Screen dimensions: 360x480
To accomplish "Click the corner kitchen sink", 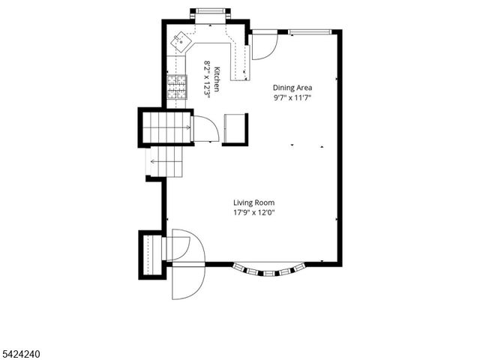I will pos(180,42).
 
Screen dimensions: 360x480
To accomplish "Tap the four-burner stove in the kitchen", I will pos(176,88).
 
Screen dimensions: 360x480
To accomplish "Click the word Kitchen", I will pos(217,79).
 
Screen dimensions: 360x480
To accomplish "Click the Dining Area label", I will pos(292,88).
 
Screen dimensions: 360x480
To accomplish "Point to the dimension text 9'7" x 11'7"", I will pos(292,98).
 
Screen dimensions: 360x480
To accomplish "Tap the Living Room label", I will pos(253,202).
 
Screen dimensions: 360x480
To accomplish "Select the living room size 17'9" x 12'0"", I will pos(253,212).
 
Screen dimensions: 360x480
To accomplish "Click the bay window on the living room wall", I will pos(268,270).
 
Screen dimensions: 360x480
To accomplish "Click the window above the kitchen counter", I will pos(211,11).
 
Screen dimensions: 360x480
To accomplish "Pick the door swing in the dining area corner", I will pos(262,45).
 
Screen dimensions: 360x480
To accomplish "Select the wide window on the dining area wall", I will pos(311,31).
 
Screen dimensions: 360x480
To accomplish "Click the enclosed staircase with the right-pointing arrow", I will pos(166,127).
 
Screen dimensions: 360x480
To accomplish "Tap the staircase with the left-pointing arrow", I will pos(166,161).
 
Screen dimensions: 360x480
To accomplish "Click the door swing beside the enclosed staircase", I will pos(204,129).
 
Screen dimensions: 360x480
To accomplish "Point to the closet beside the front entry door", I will pos(152,254).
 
